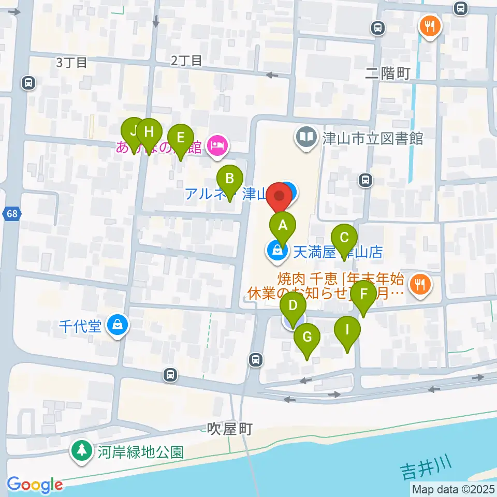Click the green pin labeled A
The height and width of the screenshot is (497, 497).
point(282,226)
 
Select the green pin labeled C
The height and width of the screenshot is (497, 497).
point(344,238)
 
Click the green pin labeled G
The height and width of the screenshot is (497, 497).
point(307,338)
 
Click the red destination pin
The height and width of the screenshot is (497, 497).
point(280,197)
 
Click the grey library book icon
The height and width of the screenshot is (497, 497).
point(306,137)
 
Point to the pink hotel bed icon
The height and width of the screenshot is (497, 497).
point(217,145)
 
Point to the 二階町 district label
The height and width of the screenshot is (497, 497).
point(388,74)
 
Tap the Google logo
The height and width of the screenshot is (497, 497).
point(35,485)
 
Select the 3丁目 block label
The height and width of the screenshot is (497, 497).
point(71,63)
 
